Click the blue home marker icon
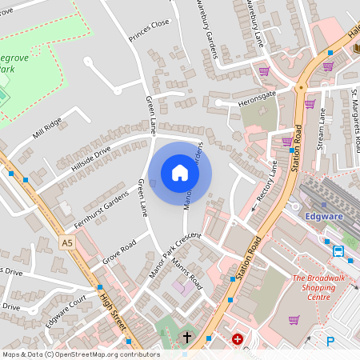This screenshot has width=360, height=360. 180,173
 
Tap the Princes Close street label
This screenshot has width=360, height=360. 149,30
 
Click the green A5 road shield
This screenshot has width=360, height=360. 67,242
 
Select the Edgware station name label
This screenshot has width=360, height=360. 325,216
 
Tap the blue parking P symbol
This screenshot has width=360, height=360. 330,342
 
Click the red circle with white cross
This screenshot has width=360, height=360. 237,339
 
